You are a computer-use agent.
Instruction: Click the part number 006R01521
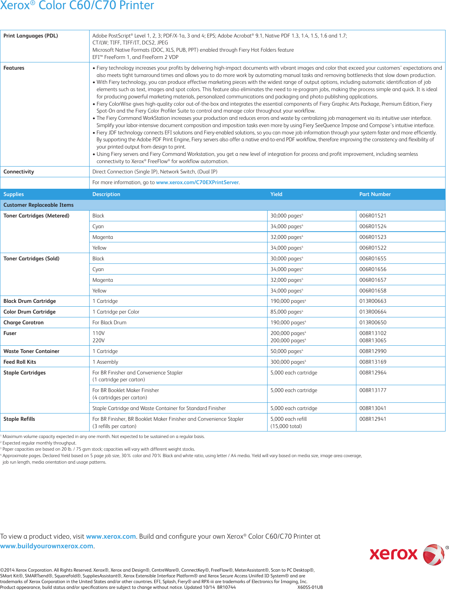372,216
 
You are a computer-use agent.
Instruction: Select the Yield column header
276,194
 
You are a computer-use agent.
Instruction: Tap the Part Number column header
375,194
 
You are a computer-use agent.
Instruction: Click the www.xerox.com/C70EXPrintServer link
197,183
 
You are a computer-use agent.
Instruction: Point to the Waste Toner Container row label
31,351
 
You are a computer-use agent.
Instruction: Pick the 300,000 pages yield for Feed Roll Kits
288,362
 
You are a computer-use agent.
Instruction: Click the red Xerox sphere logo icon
434,554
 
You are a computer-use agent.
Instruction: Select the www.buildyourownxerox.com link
47,546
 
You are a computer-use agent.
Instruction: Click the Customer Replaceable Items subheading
38,205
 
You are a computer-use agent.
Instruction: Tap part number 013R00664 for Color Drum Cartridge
372,312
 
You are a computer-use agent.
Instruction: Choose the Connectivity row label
19,172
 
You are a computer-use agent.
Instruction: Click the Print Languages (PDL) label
31,36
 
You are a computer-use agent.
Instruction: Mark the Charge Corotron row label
23,323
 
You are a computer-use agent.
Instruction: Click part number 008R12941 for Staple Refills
372,419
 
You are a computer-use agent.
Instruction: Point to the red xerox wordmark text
393,554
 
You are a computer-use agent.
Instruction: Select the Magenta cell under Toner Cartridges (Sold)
103,280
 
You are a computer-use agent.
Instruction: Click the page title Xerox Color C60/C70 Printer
77,5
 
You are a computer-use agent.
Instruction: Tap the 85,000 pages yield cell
286,312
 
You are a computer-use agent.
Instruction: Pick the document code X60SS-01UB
310,587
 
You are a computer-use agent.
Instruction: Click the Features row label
14,68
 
